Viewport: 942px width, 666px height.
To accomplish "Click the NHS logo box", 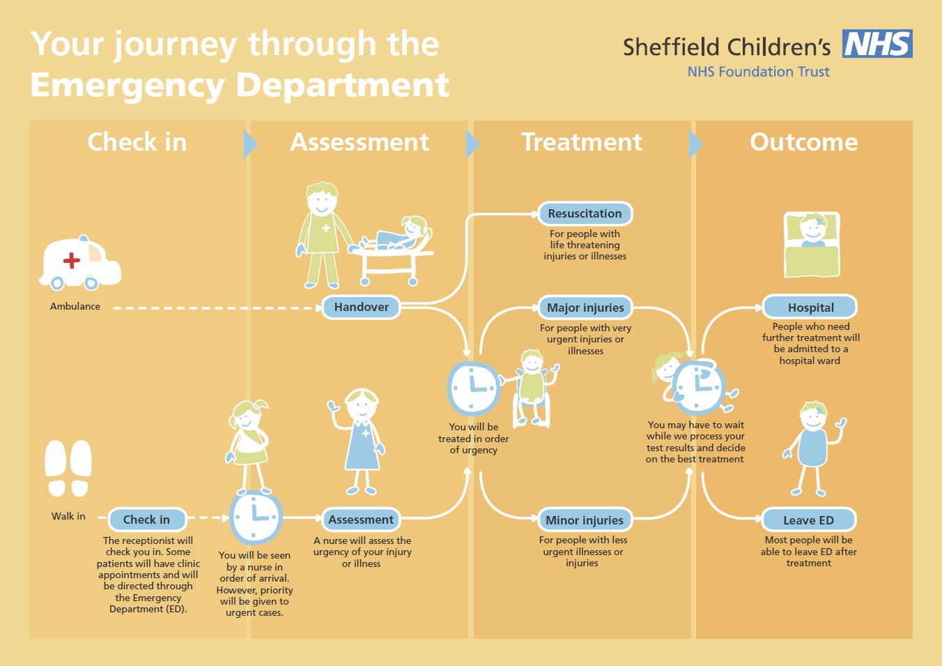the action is tap(877, 43).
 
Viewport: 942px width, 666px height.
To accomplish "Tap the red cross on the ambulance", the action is tap(72, 260).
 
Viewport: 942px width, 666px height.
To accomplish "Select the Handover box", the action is tap(361, 307).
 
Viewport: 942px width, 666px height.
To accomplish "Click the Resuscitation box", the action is tap(585, 213).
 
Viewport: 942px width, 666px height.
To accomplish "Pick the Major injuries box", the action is tap(585, 308).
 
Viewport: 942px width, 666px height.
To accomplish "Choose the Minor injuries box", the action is tap(585, 520).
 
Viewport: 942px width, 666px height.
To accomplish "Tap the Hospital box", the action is tap(810, 308).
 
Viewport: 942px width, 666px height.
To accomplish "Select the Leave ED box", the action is tap(809, 520).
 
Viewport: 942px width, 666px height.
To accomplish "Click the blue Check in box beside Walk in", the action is tap(147, 520).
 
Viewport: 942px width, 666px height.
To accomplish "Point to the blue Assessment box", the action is tap(361, 520).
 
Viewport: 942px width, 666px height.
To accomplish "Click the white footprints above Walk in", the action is tap(68, 469).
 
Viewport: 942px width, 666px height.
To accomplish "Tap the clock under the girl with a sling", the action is tap(255, 517).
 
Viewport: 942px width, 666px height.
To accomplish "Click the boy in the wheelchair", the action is tap(532, 388).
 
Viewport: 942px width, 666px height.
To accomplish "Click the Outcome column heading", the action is tap(803, 142).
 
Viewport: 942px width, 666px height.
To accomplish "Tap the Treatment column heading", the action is tap(582, 142).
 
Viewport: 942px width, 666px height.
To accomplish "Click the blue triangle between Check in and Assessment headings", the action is tap(250, 144).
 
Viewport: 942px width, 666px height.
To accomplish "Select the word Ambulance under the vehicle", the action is tap(75, 306).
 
